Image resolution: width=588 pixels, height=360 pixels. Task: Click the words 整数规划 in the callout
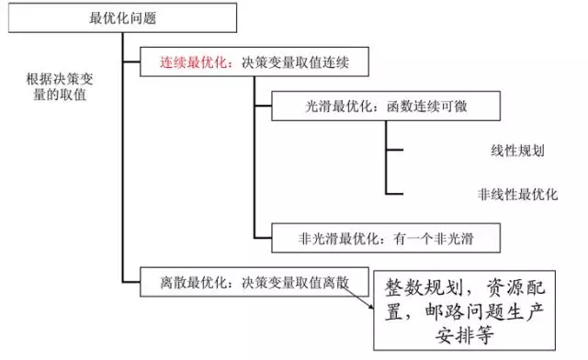tap(419, 290)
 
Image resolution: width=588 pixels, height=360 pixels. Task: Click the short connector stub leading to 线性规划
tap(394, 150)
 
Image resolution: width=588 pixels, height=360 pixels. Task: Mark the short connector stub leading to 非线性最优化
tap(394, 194)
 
